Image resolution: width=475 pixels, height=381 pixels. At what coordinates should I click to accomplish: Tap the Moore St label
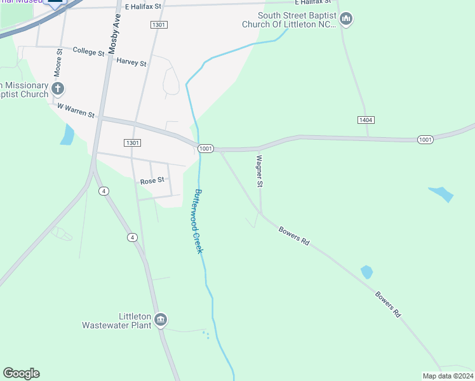[x=59, y=60]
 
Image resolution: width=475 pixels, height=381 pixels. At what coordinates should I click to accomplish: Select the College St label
[x=88, y=51]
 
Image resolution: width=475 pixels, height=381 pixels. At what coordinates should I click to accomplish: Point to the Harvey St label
[x=131, y=62]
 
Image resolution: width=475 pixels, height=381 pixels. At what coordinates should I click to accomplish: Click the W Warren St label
[x=76, y=110]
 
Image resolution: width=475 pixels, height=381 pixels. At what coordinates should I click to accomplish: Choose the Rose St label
[x=152, y=180]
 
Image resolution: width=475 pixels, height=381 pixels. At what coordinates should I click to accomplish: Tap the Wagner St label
[x=259, y=171]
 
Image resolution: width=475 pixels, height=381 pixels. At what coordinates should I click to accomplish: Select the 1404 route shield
[x=365, y=119]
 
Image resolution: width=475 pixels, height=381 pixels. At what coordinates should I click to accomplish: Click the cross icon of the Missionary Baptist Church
[x=58, y=88]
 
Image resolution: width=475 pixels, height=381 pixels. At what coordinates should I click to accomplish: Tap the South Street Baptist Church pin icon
[x=346, y=19]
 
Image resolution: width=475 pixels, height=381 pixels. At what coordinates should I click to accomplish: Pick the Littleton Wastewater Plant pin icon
[x=161, y=319]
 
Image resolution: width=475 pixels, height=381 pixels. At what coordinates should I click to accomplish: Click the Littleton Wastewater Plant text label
[x=117, y=321]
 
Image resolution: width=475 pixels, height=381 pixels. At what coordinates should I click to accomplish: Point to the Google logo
[x=21, y=373]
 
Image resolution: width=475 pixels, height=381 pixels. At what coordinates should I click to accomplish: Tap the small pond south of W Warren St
[x=67, y=134]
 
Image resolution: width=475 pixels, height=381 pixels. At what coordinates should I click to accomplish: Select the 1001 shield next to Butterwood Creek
[x=205, y=149]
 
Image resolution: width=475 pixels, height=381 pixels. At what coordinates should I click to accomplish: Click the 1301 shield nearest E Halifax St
[x=159, y=25]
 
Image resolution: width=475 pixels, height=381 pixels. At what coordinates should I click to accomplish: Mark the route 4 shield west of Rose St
[x=104, y=191]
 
